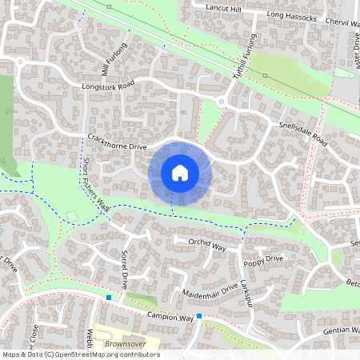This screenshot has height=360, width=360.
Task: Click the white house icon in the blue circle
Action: coord(179,173)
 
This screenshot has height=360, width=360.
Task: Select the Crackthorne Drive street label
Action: coord(117,142)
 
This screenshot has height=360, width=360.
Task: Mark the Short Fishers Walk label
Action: coord(97,182)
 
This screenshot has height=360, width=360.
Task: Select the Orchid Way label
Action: coord(208,243)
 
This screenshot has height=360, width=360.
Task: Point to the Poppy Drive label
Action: coord(264,260)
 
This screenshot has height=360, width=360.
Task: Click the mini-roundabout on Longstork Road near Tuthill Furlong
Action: coord(221,102)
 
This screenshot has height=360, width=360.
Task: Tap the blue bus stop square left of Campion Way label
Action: coord(109,298)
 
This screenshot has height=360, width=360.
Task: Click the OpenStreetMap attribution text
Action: coord(80,354)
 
